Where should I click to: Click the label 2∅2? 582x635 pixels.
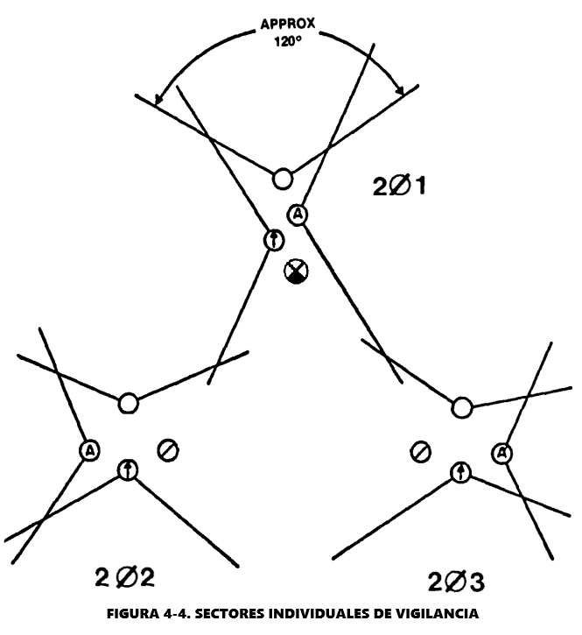pyautogui.click(x=124, y=578)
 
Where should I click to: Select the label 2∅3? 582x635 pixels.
pyautogui.click(x=457, y=582)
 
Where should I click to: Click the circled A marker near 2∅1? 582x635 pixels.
pyautogui.click(x=298, y=213)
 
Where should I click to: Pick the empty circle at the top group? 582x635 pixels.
pyautogui.click(x=282, y=179)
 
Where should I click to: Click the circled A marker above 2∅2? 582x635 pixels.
pyautogui.click(x=89, y=450)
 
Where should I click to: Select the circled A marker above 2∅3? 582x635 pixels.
pyautogui.click(x=501, y=453)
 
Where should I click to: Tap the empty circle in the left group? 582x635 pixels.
pyautogui.click(x=129, y=403)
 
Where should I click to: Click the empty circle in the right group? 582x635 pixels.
pyautogui.click(x=462, y=407)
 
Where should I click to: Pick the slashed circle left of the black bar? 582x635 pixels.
pyautogui.click(x=167, y=450)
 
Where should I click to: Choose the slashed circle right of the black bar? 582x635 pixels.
pyautogui.click(x=420, y=452)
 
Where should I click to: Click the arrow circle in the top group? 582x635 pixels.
pyautogui.click(x=273, y=239)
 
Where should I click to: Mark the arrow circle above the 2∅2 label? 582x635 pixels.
pyautogui.click(x=128, y=470)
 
